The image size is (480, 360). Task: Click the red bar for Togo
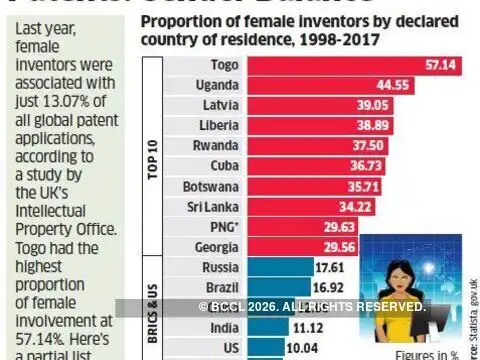[350, 65]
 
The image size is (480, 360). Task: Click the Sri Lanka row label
[212, 207]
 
